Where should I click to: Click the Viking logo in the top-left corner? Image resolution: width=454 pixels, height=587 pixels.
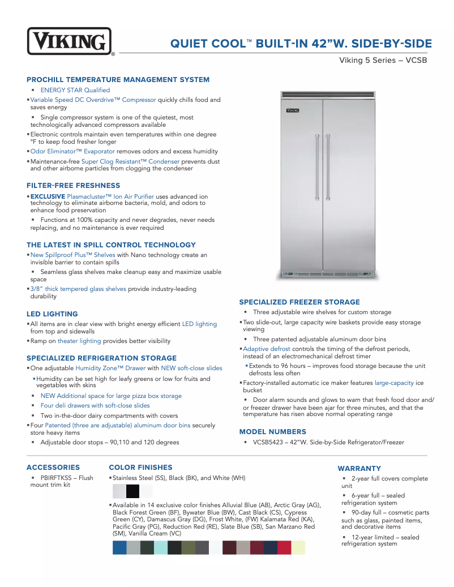pos(69,41)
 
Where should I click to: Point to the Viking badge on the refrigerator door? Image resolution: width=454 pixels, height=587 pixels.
pos(293,110)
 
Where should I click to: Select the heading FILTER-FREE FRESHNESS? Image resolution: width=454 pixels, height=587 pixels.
pos(73,186)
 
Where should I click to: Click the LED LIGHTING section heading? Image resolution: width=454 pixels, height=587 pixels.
pos(52,314)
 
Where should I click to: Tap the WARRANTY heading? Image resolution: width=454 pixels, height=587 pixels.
pos(359,469)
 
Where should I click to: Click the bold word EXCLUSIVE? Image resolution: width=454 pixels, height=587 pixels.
pos(48,196)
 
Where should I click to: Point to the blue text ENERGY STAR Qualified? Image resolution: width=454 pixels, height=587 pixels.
pos(75,90)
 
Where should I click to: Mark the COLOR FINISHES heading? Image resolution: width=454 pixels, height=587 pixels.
pos(140,468)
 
